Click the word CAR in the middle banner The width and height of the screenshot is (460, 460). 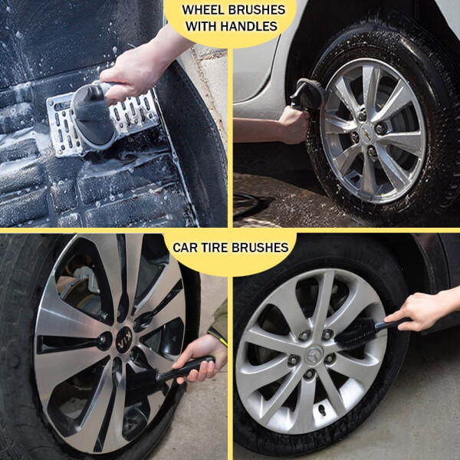pyautogui.click(x=187, y=247)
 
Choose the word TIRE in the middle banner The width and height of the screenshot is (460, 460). pyautogui.click(x=219, y=247)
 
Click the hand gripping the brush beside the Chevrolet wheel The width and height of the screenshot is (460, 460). pyautogui.click(x=294, y=123)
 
